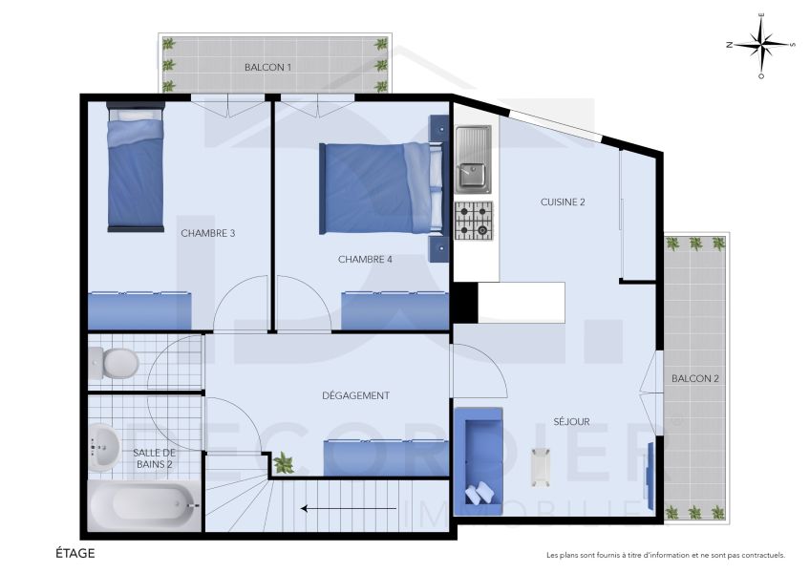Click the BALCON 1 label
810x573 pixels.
pos(267,67)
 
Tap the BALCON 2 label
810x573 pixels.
pos(694,379)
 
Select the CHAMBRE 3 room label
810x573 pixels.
pos(207,232)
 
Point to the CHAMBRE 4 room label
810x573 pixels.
pos(365,259)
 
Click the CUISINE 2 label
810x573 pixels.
pos(562,202)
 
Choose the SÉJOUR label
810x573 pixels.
pos(571,421)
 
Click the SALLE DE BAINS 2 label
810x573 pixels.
pos(153,458)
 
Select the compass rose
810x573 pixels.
pos(761,44)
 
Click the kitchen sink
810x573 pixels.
pos(473,159)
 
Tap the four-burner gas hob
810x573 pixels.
pos(473,221)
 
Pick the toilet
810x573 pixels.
pos(114,363)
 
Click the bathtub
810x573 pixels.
pos(144,505)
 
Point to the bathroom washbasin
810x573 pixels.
pos(103,447)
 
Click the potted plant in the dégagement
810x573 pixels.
pos(284,464)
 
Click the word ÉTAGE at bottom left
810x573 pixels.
pos(75,553)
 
